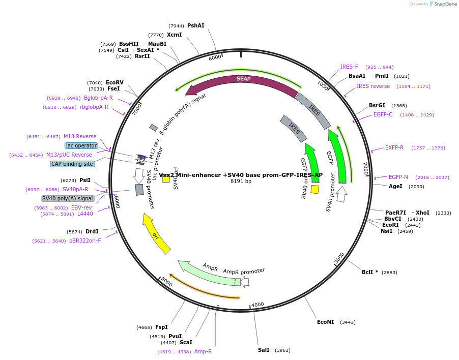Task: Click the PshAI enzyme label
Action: [x=195, y=25]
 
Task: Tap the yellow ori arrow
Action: [x=156, y=234]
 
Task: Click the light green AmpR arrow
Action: [x=209, y=274]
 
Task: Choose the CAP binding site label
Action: [x=72, y=164]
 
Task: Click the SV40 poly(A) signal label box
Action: [x=68, y=198]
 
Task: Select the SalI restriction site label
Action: [x=264, y=350]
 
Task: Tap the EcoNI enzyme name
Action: [x=326, y=322]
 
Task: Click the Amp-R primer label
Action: [x=203, y=351]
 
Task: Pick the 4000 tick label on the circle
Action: [x=257, y=305]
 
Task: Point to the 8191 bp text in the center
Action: [x=241, y=181]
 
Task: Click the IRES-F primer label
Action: [x=349, y=67]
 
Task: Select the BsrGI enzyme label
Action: [x=377, y=105]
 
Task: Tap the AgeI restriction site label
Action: [x=395, y=186]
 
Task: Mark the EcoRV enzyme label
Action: [x=114, y=82]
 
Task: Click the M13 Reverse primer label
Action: [x=80, y=136]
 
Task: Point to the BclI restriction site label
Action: [x=370, y=272]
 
